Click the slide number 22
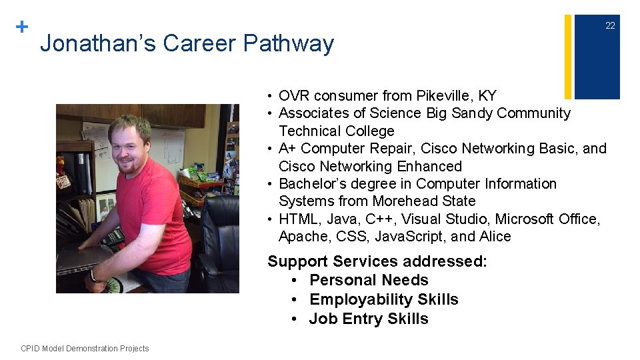click(609, 26)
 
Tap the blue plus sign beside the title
click(22, 27)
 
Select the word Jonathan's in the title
click(98, 44)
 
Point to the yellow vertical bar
click(568, 57)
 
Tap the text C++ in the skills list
click(383, 219)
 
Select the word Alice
click(495, 237)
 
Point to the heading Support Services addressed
click(377, 261)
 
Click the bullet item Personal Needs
click(369, 280)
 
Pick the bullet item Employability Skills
click(383, 299)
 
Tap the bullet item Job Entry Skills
click(369, 319)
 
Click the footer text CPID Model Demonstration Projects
click(85, 349)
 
